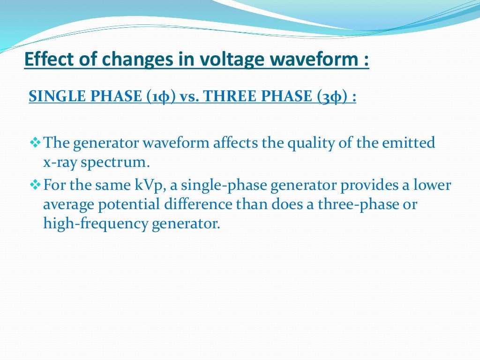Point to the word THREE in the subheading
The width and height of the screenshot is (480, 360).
click(x=229, y=97)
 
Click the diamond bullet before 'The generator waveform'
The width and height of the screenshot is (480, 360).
click(x=35, y=142)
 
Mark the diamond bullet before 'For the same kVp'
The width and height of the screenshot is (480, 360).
click(x=35, y=185)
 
